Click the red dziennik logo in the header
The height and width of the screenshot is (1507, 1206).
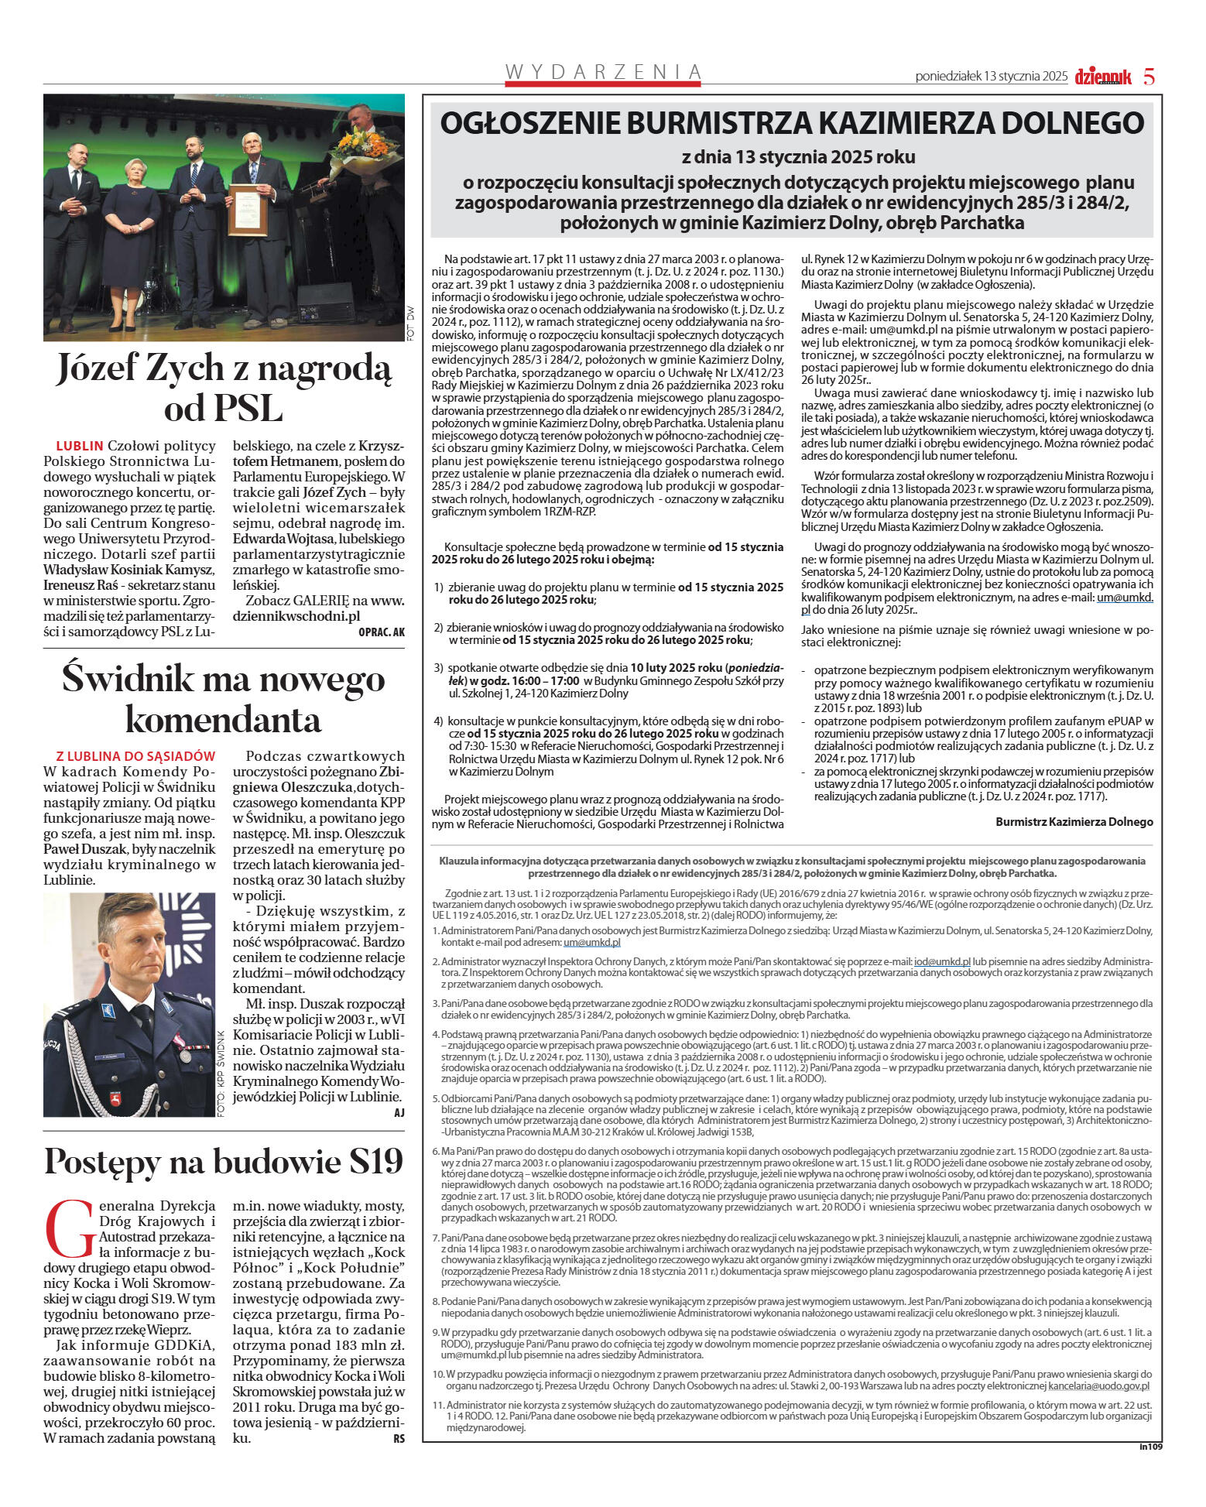pos(1102,77)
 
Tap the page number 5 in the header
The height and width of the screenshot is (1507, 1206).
pos(1149,77)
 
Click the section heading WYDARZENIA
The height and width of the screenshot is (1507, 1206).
pos(603,72)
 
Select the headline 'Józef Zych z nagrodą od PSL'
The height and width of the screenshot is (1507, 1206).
pos(224,388)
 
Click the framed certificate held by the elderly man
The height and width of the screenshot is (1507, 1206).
pos(248,210)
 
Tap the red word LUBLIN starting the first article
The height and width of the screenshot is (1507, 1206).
pos(80,446)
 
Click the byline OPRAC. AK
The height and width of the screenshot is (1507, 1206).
pos(382,632)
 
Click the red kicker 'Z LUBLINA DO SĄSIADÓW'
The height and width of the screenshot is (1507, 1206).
pos(135,756)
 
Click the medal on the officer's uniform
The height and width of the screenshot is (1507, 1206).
pos(184,1053)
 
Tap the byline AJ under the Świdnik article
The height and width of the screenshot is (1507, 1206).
pos(399,1112)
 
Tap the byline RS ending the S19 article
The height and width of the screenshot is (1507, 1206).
pos(399,1438)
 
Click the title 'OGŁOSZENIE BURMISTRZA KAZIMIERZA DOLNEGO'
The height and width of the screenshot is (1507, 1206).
pos(792,123)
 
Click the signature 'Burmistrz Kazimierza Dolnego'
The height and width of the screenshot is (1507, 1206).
pos(1074,822)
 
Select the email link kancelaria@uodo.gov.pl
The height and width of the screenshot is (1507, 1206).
pos(1098,1386)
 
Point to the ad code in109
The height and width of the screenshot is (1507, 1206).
pos(1150,1446)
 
